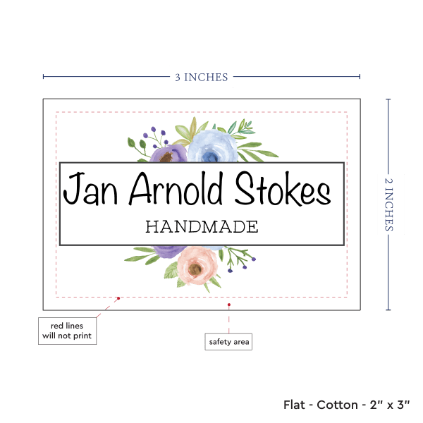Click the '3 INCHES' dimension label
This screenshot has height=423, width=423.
click(x=201, y=78)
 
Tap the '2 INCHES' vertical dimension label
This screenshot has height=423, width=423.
click(x=390, y=204)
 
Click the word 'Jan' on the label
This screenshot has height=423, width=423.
click(x=88, y=190)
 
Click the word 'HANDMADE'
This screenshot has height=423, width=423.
click(x=202, y=227)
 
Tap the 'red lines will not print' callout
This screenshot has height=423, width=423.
click(x=67, y=331)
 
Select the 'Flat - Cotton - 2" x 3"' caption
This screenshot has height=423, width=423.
click(x=347, y=405)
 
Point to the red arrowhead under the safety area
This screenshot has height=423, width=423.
click(x=229, y=305)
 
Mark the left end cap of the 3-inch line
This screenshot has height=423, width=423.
click(x=43, y=77)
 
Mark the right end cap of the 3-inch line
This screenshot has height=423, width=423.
click(x=360, y=77)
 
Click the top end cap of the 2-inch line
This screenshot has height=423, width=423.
click(x=388, y=99)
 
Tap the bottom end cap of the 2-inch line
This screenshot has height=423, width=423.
click(x=388, y=309)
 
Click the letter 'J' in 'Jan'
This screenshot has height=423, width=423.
click(x=70, y=190)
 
